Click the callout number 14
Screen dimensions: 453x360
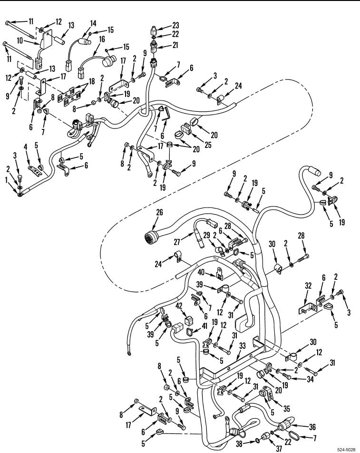93,22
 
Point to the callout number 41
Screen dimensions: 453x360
204,325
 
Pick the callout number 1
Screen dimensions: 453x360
6,181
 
